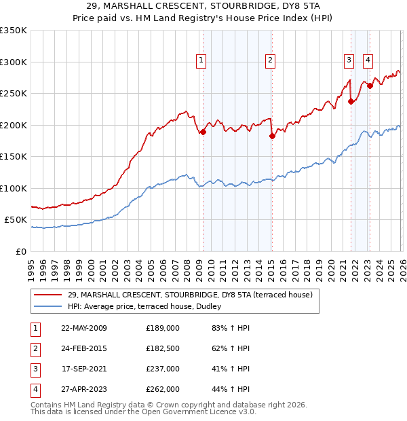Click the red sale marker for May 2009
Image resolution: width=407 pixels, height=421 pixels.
(x=203, y=132)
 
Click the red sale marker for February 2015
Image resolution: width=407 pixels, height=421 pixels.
(x=272, y=136)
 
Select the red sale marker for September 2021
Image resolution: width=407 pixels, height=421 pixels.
(x=351, y=102)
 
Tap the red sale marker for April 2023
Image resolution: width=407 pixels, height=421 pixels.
(x=370, y=86)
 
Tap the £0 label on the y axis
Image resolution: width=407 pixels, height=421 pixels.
(x=20, y=251)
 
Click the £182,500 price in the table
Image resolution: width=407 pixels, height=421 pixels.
(x=162, y=349)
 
